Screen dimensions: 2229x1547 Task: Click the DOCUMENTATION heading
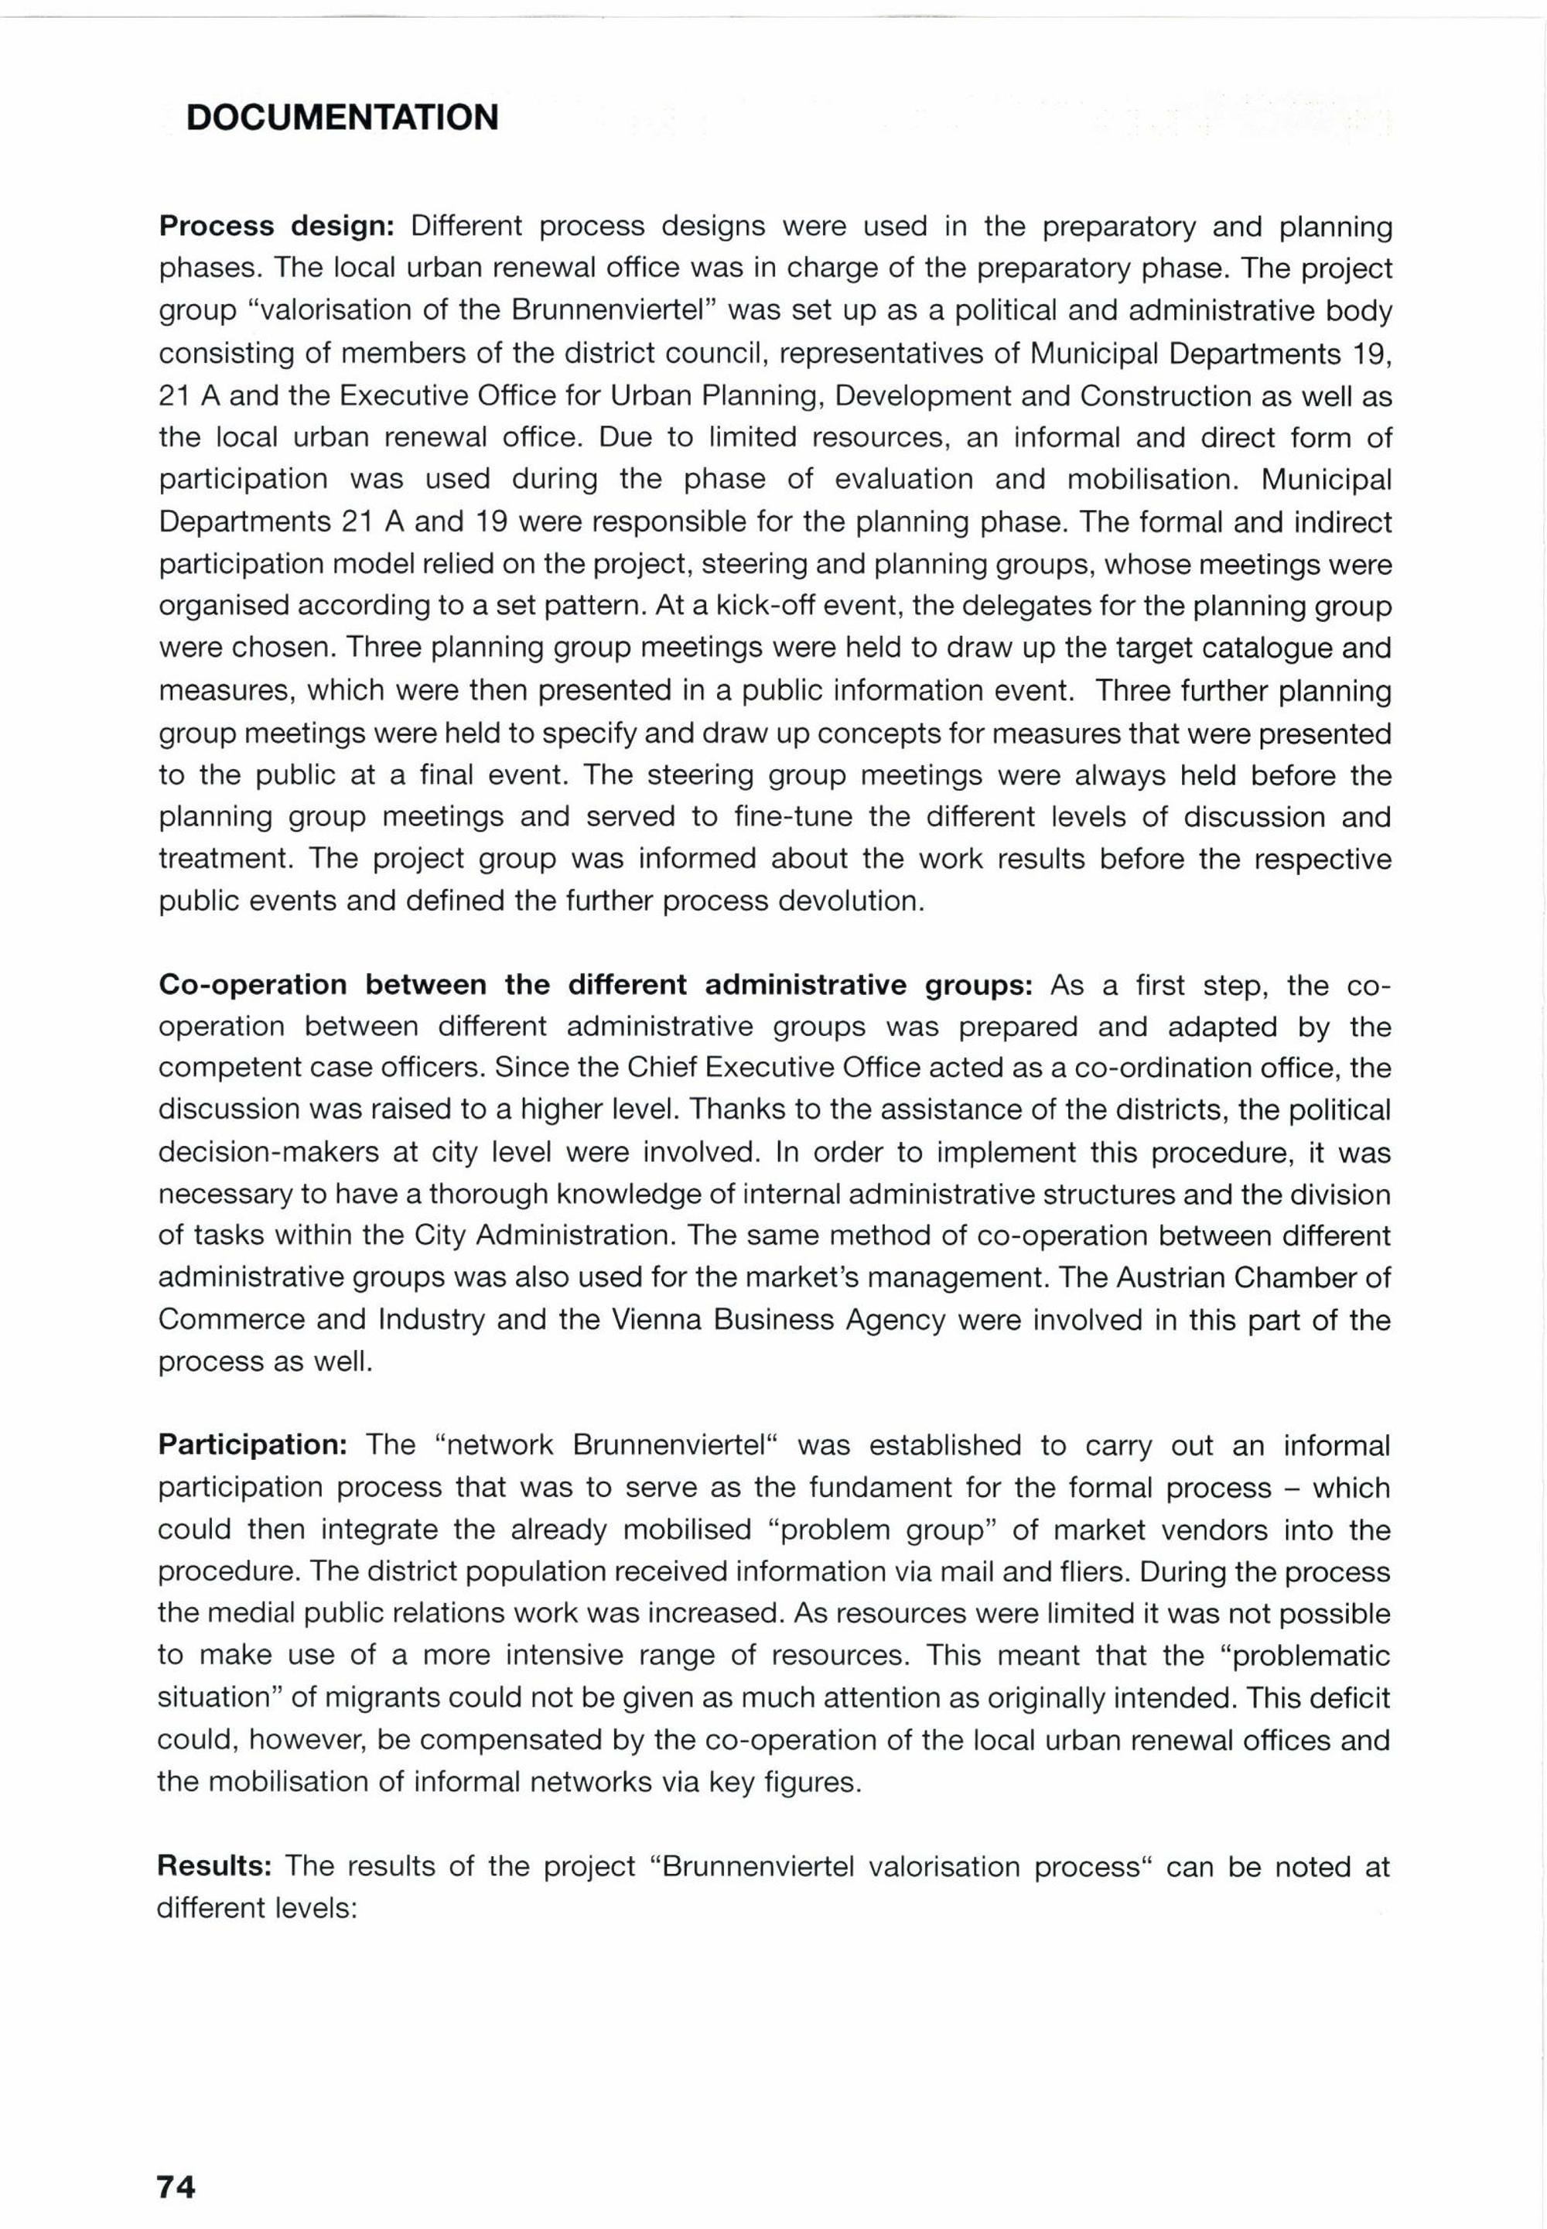tap(342, 118)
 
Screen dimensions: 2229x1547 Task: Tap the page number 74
tap(176, 2160)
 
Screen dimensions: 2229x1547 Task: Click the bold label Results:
tap(219, 1866)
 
